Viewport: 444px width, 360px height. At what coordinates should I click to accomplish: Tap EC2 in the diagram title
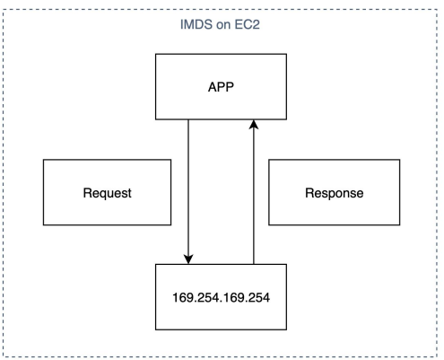pos(247,24)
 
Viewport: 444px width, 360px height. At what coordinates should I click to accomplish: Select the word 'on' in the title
pos(223,25)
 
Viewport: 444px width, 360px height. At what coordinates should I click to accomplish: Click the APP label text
pos(221,87)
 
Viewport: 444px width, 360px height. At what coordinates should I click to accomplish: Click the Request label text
pos(107,193)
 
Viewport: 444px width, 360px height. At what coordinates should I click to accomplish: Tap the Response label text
pos(335,193)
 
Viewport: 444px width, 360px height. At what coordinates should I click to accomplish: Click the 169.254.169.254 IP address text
pos(221,298)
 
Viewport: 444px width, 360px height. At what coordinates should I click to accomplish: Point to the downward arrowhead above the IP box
pos(188,259)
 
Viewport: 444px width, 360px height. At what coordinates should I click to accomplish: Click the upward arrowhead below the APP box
pos(254,125)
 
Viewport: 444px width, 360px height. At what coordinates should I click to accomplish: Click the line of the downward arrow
pos(188,192)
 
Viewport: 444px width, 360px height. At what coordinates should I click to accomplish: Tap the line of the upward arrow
pos(254,192)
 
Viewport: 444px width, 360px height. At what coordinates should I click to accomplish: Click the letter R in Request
pos(87,193)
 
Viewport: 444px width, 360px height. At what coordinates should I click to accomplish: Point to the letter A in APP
pos(213,87)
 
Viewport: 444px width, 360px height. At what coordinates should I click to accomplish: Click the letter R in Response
pos(309,193)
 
